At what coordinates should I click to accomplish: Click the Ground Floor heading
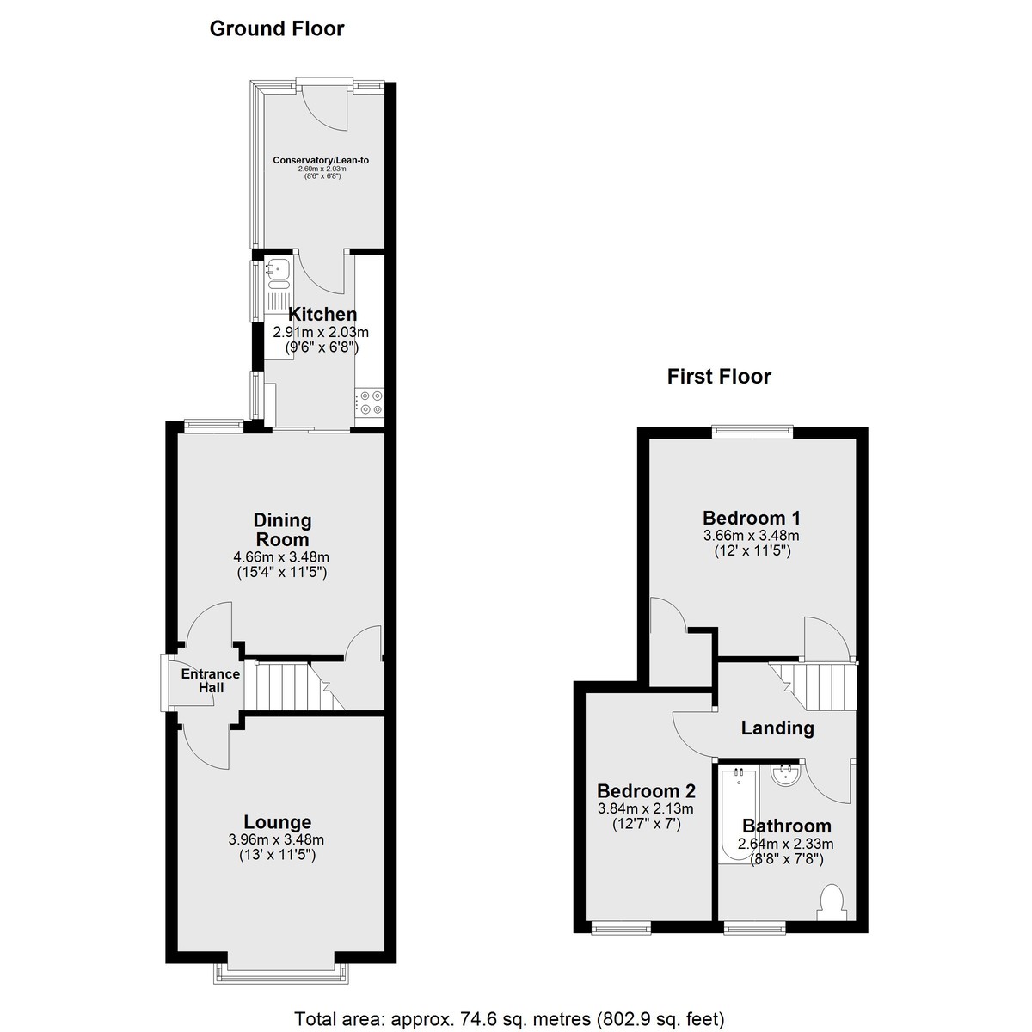pos(277,29)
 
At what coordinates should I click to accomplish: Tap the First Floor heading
pos(719,377)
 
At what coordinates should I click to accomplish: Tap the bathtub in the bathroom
pos(739,815)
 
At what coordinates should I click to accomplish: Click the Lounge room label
pos(278,821)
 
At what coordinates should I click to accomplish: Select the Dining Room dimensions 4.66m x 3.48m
pos(282,557)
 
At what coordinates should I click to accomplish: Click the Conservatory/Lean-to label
pos(321,160)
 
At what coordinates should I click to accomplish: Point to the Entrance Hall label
pos(211,680)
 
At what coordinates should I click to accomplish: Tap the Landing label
pos(777,728)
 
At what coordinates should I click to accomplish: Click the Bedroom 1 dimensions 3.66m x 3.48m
pos(752,535)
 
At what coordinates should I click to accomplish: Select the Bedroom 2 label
pos(646,790)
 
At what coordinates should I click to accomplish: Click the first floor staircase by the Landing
pos(813,686)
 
